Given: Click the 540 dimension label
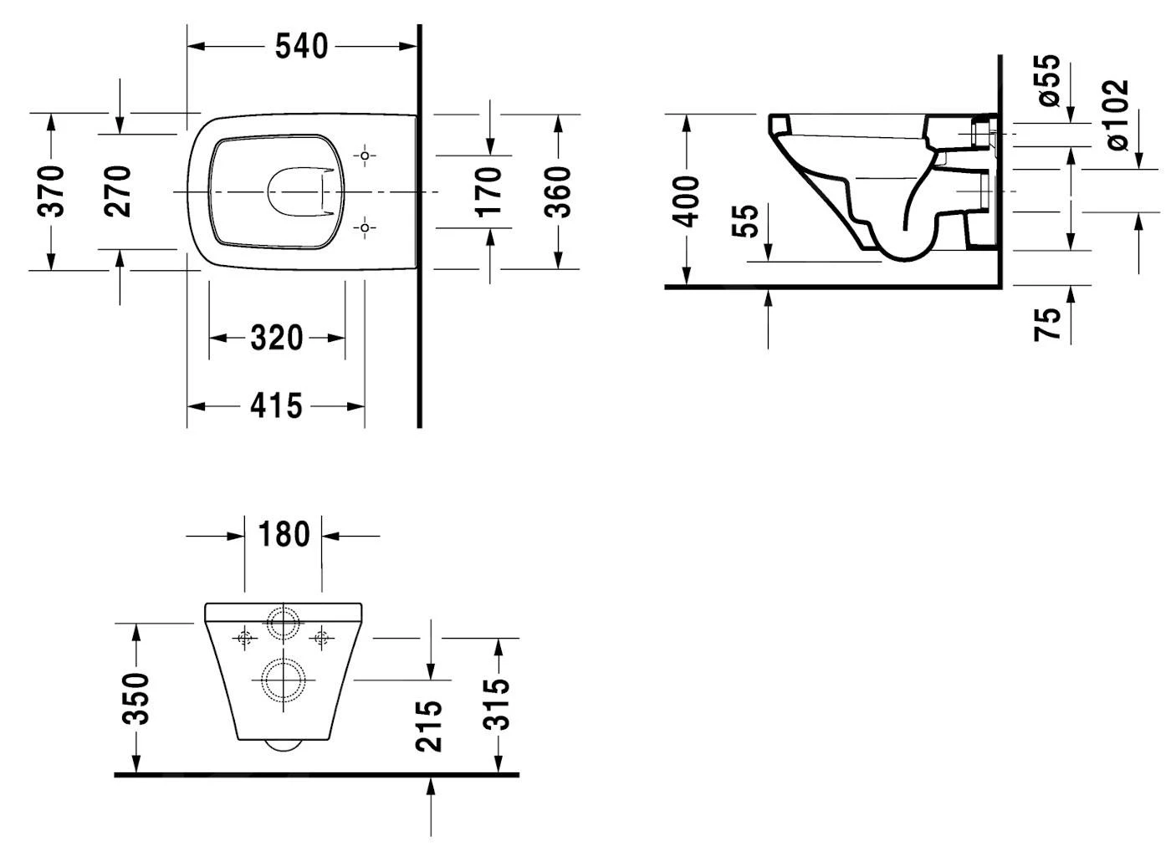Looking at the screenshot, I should pyautogui.click(x=302, y=46).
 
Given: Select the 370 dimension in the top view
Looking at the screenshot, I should pyautogui.click(x=52, y=191).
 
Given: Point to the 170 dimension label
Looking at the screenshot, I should pyautogui.click(x=489, y=191).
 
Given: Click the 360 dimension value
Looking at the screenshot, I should pyautogui.click(x=558, y=191).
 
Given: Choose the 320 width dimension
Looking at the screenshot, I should pyautogui.click(x=276, y=339).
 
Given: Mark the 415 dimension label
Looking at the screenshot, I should pyautogui.click(x=276, y=407).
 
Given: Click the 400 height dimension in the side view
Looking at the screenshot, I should pyautogui.click(x=687, y=201).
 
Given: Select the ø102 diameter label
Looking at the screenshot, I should pyautogui.click(x=1117, y=115).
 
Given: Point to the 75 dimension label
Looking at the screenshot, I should pyautogui.click(x=1048, y=324).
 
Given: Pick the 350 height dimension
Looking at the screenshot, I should pyautogui.click(x=136, y=698).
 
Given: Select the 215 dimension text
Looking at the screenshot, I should pyautogui.click(x=429, y=725).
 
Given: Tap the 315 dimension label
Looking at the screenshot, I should pyautogui.click(x=499, y=703).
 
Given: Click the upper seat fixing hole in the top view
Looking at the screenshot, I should pyautogui.click(x=365, y=155).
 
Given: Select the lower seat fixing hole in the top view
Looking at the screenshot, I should pyautogui.click(x=365, y=227).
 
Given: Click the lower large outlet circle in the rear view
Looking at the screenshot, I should pyautogui.click(x=284, y=680).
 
